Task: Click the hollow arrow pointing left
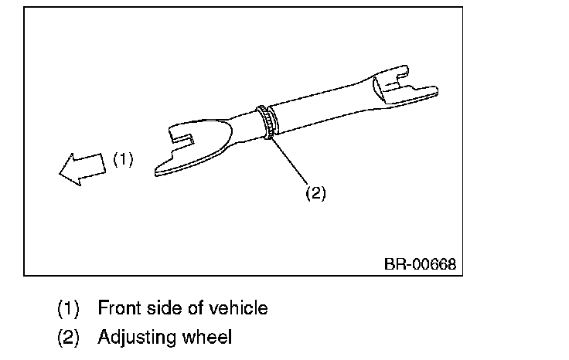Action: point(81,167)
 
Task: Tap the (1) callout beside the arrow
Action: point(124,160)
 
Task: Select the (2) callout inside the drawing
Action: point(315,193)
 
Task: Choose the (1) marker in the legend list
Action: point(68,309)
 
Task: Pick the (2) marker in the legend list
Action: point(68,338)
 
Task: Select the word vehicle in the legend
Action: point(240,308)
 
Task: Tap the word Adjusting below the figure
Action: point(138,338)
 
